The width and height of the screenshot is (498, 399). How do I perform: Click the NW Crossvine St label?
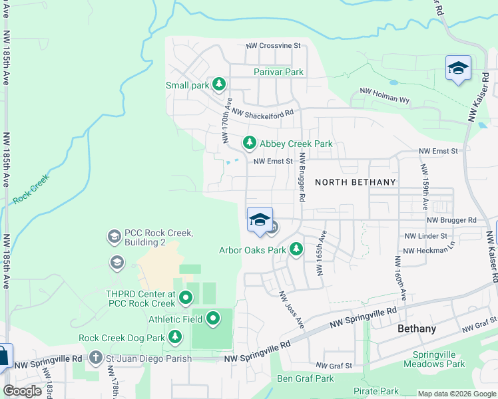(274, 46)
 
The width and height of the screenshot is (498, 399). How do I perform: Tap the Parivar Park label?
(278, 72)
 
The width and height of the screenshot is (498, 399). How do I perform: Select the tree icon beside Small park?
(218, 84)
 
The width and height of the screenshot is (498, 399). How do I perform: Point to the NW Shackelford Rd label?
(263, 114)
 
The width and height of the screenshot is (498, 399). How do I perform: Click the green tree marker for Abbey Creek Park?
(249, 143)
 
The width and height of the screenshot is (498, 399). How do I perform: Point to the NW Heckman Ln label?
(429, 250)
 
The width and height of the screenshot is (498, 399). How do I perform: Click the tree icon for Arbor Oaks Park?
(296, 250)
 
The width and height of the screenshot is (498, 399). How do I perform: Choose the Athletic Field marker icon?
(213, 319)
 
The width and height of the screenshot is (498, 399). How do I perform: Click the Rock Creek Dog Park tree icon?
(175, 338)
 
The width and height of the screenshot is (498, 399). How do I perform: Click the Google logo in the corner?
(22, 391)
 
